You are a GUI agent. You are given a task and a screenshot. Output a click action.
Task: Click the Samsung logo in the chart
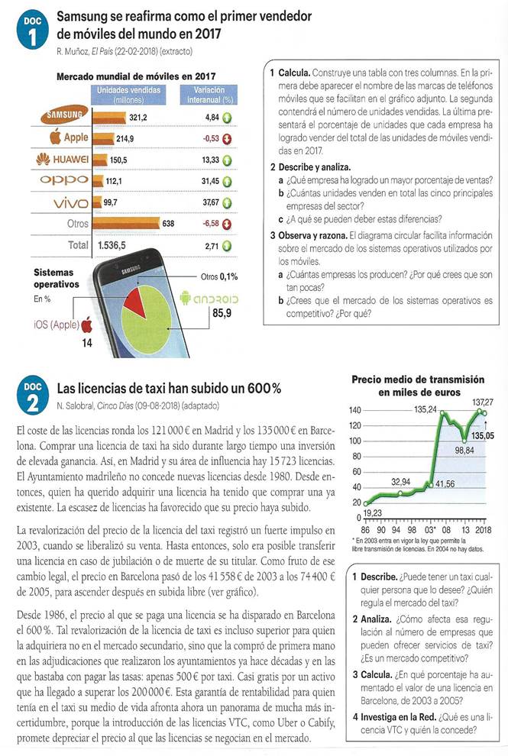click(63, 116)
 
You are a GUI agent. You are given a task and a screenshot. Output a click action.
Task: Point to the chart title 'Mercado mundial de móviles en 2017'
click(136, 76)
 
